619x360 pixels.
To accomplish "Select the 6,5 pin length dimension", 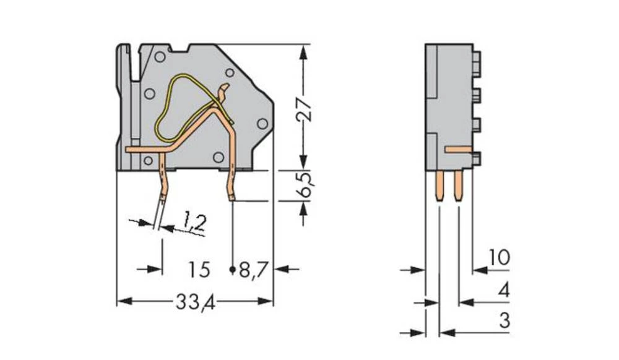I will coord(303,184).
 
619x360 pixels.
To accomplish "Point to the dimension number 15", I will coord(199,270).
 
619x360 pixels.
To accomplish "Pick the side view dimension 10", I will coord(498,257).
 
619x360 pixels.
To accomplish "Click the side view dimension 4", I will coord(504,289).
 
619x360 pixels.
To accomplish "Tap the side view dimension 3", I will coord(504,322).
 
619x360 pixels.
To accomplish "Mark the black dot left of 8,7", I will coord(232,270).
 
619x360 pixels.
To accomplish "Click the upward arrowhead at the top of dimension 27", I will coord(303,52).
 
